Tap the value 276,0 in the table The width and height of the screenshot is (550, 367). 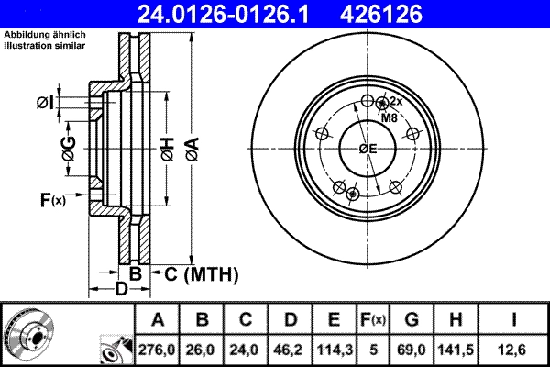(158, 349)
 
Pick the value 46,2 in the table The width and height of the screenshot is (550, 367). (290, 349)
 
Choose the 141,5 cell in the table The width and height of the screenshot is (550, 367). (455, 349)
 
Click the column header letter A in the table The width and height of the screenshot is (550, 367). (158, 319)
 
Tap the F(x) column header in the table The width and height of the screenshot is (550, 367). (372, 319)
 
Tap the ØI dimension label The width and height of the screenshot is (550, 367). (45, 102)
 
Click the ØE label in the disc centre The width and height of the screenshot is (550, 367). (368, 149)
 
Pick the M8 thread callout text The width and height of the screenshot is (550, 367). (389, 117)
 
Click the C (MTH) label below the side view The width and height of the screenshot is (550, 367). (201, 273)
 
